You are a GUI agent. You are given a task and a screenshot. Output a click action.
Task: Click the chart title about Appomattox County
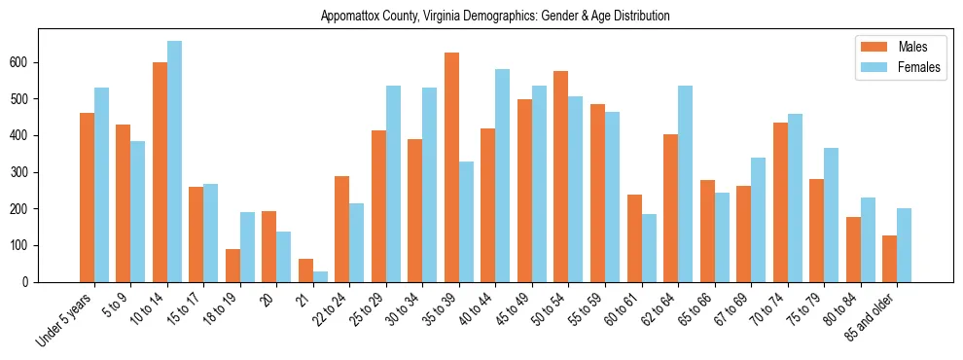(x=495, y=16)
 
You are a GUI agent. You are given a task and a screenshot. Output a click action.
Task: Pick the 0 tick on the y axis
(x=33, y=282)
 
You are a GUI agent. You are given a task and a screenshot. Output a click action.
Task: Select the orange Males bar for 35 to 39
(x=451, y=167)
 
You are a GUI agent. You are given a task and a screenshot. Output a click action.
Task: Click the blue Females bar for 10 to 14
(x=174, y=162)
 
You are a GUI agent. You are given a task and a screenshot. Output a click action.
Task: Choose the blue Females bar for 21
(x=320, y=276)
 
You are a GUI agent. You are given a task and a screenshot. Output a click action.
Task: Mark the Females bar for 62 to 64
(x=685, y=184)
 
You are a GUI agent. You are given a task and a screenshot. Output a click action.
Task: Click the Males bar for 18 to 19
(x=232, y=266)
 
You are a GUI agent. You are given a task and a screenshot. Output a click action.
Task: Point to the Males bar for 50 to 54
(x=561, y=176)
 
